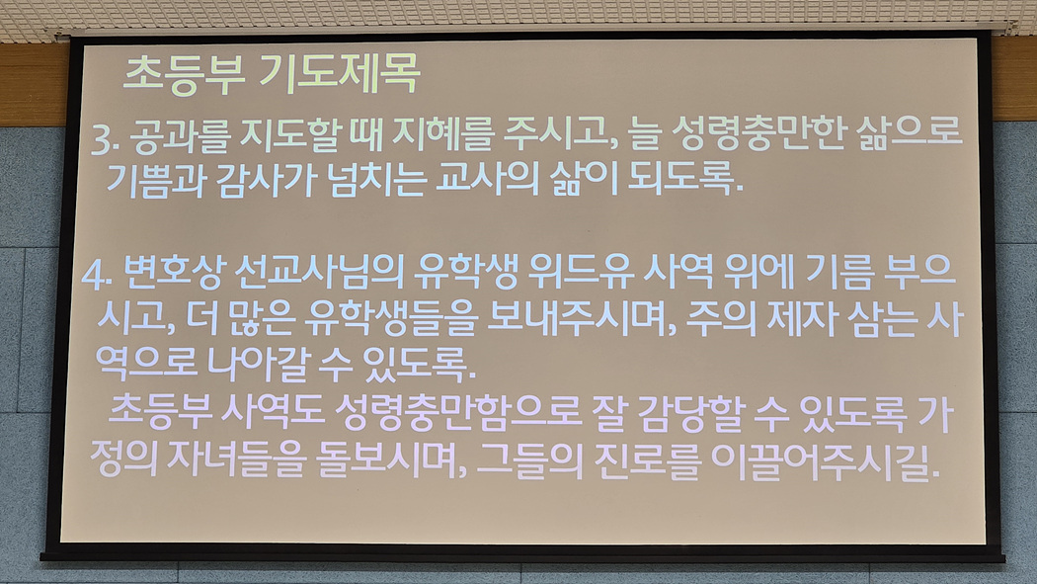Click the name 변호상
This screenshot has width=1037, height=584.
(x=175, y=273)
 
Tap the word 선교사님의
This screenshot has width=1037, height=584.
(x=319, y=272)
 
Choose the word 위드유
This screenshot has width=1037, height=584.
(x=582, y=271)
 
